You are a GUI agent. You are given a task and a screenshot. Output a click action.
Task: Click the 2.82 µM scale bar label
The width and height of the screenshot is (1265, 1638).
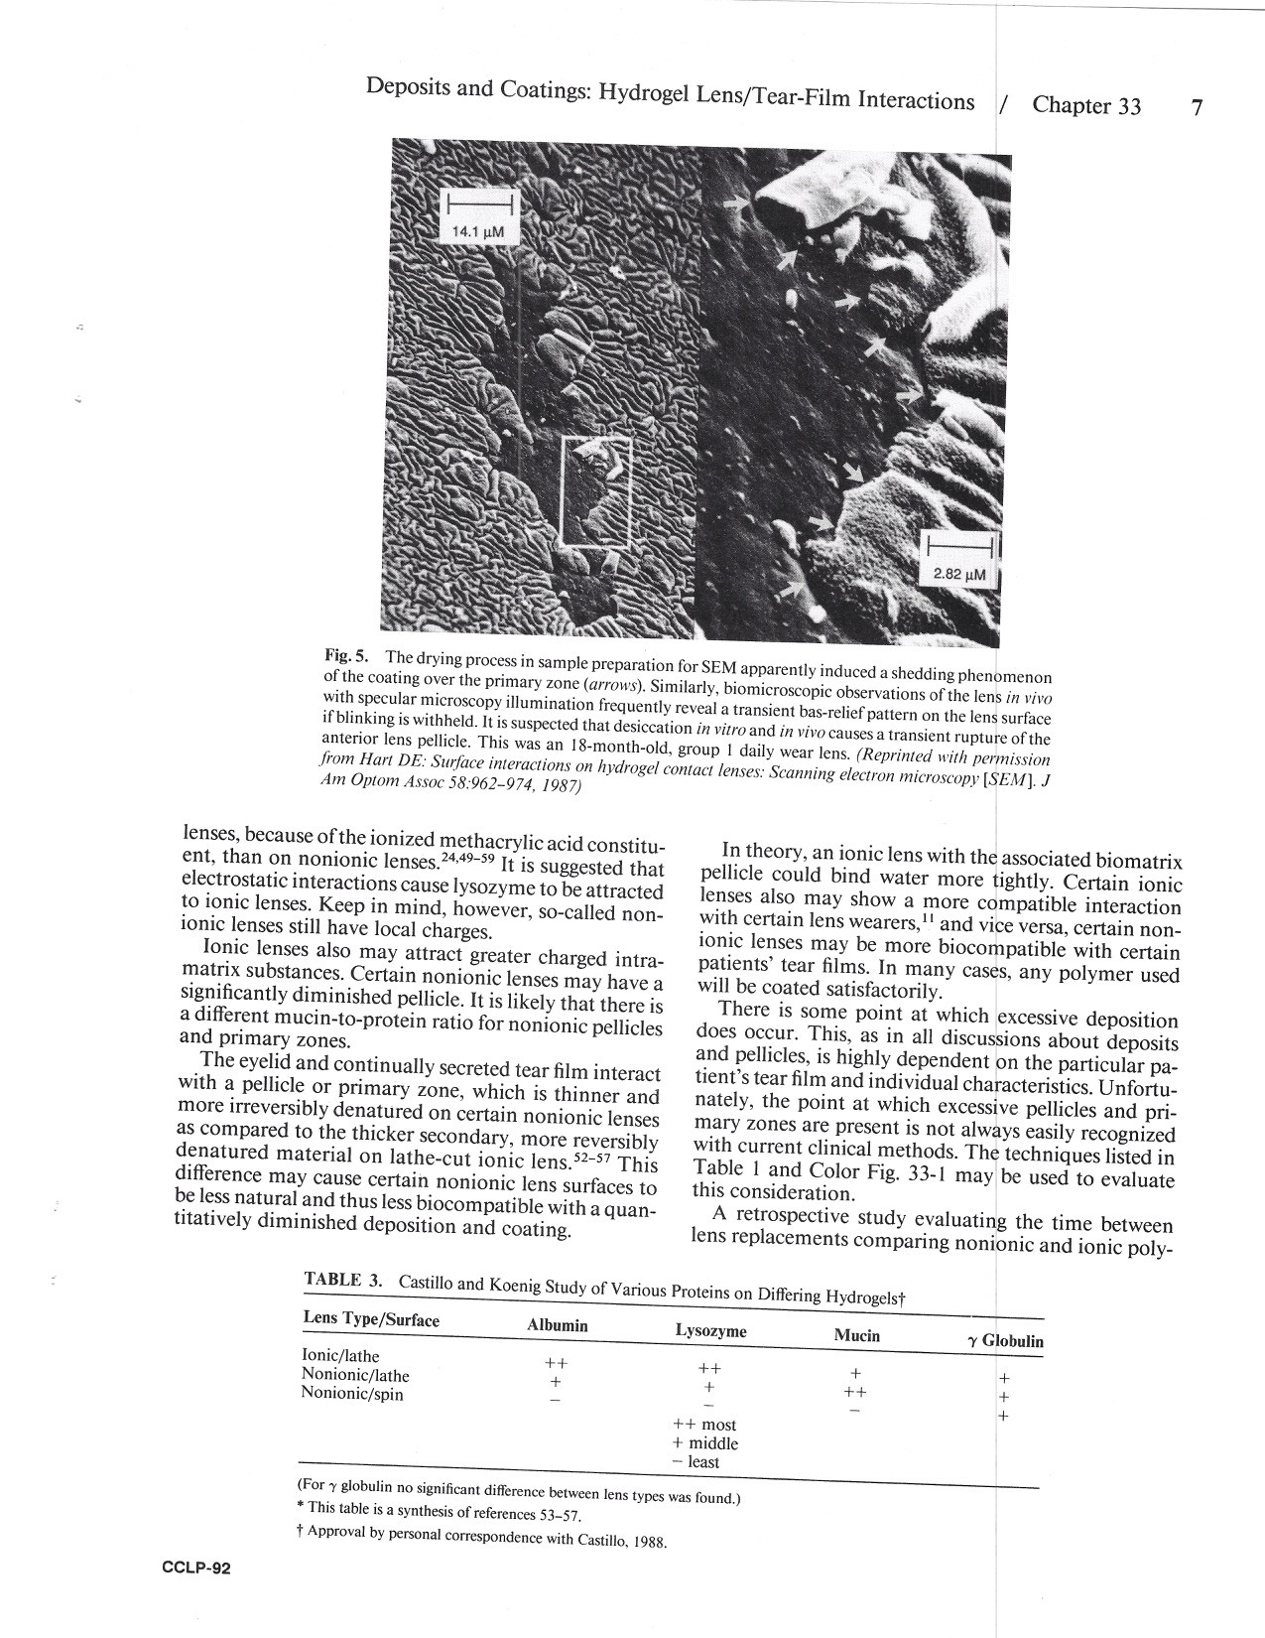click(x=960, y=574)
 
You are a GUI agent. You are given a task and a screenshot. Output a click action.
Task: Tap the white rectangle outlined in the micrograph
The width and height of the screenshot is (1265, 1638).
click(x=595, y=490)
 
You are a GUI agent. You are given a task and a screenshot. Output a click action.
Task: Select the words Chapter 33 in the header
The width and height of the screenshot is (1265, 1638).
click(x=1086, y=106)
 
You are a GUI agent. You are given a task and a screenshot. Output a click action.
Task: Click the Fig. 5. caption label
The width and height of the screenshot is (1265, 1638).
click(x=346, y=655)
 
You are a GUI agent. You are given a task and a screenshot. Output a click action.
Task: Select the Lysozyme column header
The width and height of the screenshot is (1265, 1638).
click(x=710, y=1330)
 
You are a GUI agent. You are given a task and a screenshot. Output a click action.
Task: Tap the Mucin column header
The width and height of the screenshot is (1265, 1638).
click(x=856, y=1335)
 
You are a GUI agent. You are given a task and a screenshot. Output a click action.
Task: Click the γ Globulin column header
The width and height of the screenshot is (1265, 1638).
click(x=1004, y=1341)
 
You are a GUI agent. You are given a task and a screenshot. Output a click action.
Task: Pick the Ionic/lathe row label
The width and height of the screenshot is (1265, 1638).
click(x=339, y=1356)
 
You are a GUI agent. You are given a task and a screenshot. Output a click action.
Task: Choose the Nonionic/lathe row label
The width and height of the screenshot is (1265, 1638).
click(x=354, y=1375)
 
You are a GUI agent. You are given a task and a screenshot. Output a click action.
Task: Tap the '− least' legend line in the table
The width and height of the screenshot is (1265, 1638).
click(x=695, y=1461)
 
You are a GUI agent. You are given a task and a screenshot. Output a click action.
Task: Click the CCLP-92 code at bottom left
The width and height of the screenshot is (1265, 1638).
click(x=196, y=1569)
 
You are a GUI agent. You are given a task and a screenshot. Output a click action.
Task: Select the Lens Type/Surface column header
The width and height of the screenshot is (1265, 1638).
click(x=370, y=1319)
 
